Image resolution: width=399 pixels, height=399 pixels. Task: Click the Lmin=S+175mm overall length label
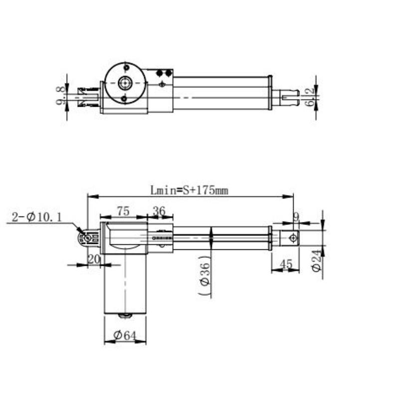189,191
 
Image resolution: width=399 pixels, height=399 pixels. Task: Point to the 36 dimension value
159,211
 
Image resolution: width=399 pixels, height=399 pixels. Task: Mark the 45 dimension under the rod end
286,264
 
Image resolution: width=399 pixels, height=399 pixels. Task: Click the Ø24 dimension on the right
315,260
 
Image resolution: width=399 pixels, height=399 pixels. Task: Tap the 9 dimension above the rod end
296,216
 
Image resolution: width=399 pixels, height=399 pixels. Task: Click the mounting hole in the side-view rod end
293,238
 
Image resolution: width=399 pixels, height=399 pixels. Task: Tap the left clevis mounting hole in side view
88,238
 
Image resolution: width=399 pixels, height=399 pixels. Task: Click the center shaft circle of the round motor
125,83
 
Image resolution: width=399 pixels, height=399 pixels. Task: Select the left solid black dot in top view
160,73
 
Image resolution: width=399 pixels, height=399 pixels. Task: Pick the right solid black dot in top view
169,73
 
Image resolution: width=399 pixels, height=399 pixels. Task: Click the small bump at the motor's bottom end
125,315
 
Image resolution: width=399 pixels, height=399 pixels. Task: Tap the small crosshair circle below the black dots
163,85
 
